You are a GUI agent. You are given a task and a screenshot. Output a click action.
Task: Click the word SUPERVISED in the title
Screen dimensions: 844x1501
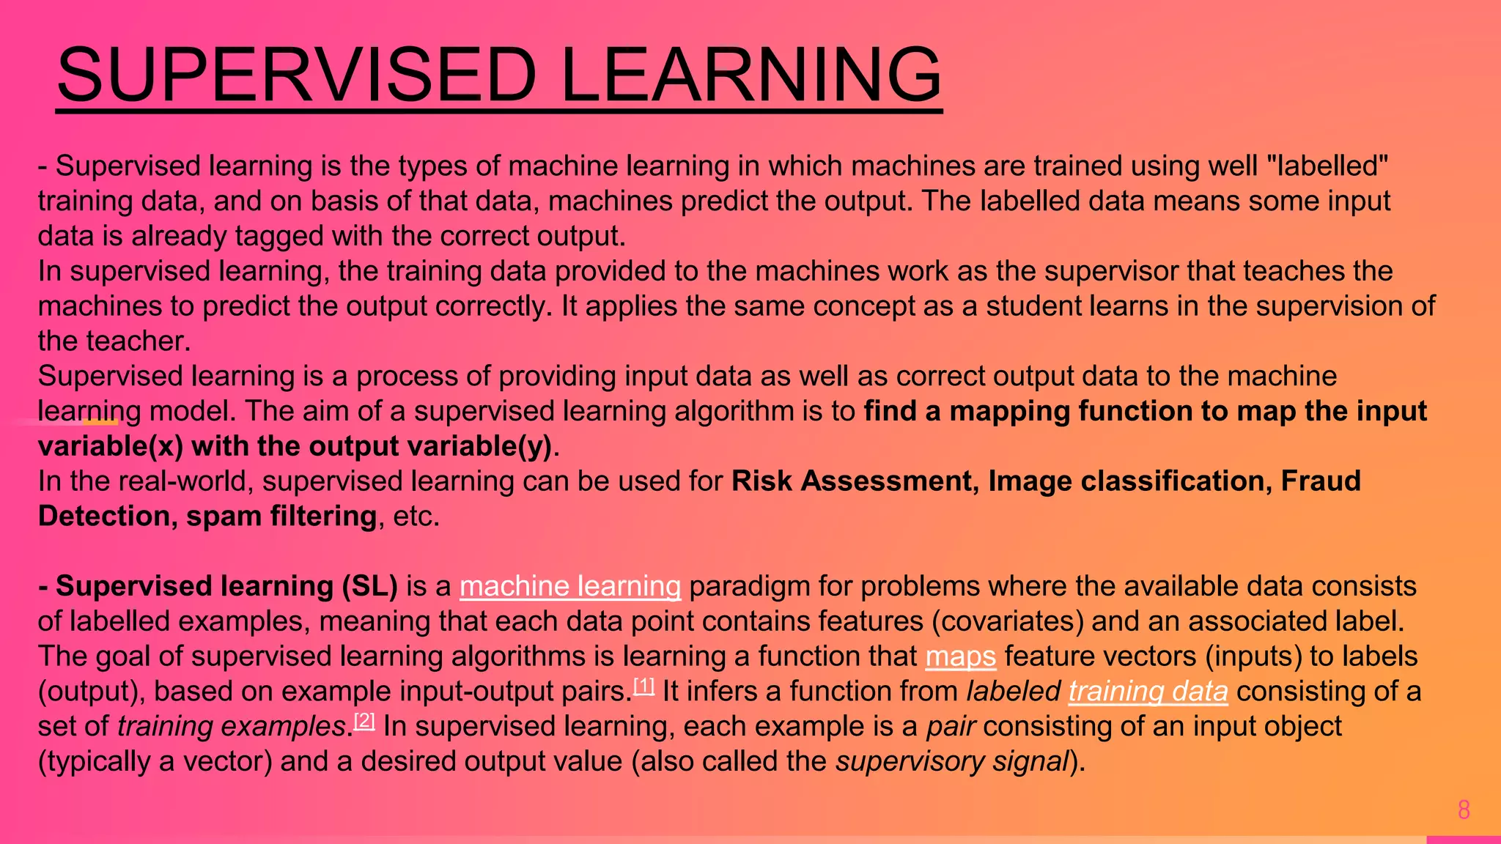coord(297,75)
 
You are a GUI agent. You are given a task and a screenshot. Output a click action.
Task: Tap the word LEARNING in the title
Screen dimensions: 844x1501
coord(750,75)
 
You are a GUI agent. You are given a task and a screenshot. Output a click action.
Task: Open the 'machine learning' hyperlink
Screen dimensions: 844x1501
coord(570,586)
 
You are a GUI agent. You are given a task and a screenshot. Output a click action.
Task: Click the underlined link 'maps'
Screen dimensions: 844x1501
coord(960,656)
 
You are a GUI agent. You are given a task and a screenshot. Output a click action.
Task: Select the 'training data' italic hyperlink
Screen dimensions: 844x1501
coord(1148,692)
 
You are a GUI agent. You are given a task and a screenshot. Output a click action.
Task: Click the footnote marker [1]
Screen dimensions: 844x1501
coord(643,686)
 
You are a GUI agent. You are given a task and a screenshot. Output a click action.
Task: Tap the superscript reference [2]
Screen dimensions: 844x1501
coord(364,721)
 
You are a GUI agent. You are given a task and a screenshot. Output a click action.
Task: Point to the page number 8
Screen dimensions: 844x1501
coord(1464,810)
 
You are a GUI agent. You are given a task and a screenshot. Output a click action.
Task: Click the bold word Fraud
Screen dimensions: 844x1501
coord(1321,481)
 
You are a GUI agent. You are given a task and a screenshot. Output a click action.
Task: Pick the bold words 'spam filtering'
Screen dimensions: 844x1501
coord(281,517)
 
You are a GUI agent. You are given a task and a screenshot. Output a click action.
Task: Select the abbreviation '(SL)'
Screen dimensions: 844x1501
coord(369,586)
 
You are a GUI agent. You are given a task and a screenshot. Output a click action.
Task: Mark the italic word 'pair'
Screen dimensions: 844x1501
coord(951,727)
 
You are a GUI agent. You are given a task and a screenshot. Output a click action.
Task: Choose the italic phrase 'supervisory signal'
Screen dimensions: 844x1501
coord(952,762)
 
